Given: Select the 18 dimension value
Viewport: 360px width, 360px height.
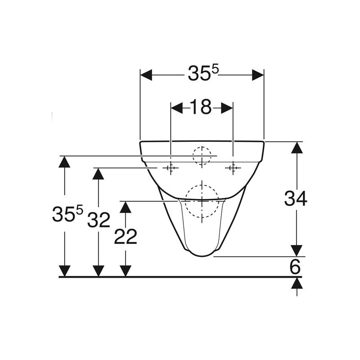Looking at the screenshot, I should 201,107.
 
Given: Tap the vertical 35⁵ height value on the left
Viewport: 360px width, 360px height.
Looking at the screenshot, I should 67,214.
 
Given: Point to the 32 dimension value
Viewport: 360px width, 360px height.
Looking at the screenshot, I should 99,220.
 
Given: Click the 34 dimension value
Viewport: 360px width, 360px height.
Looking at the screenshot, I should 296,198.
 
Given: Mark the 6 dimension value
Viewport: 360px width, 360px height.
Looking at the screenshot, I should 295,267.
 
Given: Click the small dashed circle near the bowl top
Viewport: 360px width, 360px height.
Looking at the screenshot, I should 202,156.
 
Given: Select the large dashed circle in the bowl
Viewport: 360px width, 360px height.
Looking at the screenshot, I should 202,201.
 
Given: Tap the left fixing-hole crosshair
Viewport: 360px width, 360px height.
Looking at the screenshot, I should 170,168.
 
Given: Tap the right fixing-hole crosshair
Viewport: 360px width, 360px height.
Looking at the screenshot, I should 233,168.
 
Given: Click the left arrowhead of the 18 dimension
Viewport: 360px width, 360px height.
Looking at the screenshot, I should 177,108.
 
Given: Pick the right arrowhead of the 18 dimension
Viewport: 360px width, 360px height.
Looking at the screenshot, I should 226,108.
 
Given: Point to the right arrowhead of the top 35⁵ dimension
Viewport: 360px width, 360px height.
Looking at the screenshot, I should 257,75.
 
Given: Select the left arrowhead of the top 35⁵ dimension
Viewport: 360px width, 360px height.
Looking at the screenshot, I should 147,75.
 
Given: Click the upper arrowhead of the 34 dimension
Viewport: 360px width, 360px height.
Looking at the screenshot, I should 297,148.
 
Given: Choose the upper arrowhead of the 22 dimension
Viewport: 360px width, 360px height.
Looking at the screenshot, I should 126,207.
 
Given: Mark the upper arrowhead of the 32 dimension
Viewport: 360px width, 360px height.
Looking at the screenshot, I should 98,174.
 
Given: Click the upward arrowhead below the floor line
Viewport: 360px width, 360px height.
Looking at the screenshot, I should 297,283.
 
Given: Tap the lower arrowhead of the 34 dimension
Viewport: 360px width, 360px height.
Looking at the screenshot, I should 297,250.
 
